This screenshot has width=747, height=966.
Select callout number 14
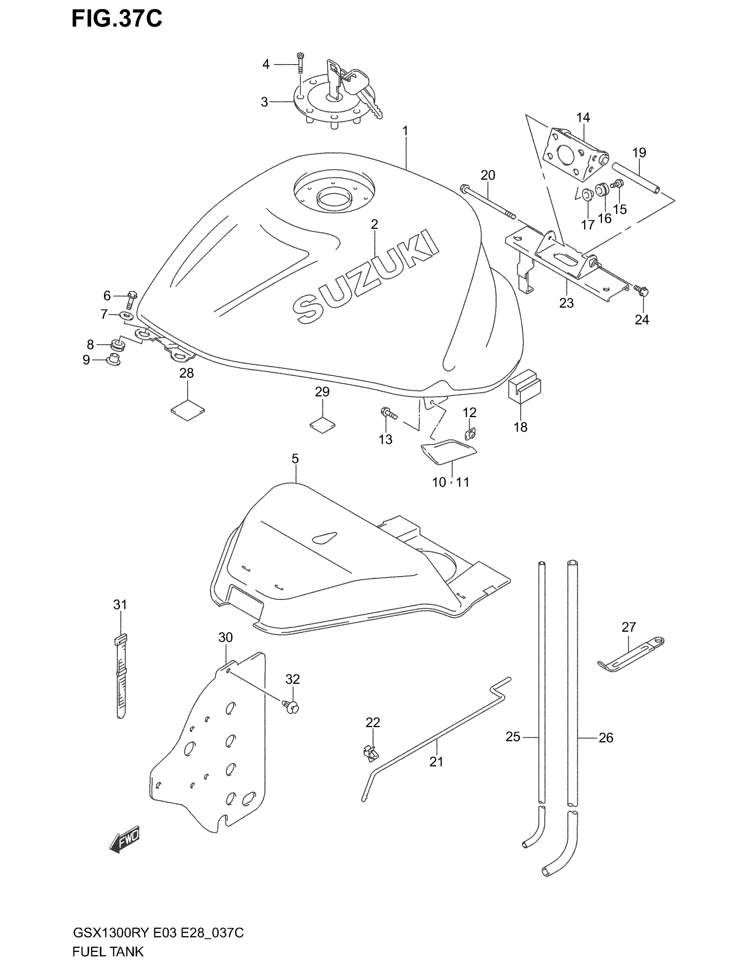[x=583, y=118]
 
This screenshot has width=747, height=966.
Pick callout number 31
[x=120, y=605]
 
